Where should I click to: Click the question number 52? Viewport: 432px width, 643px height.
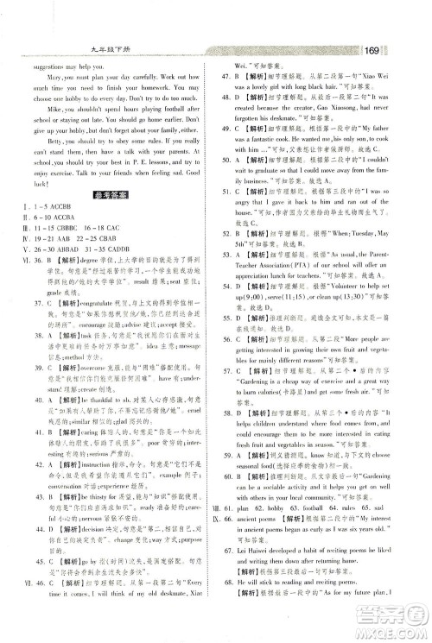[x=232, y=244]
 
